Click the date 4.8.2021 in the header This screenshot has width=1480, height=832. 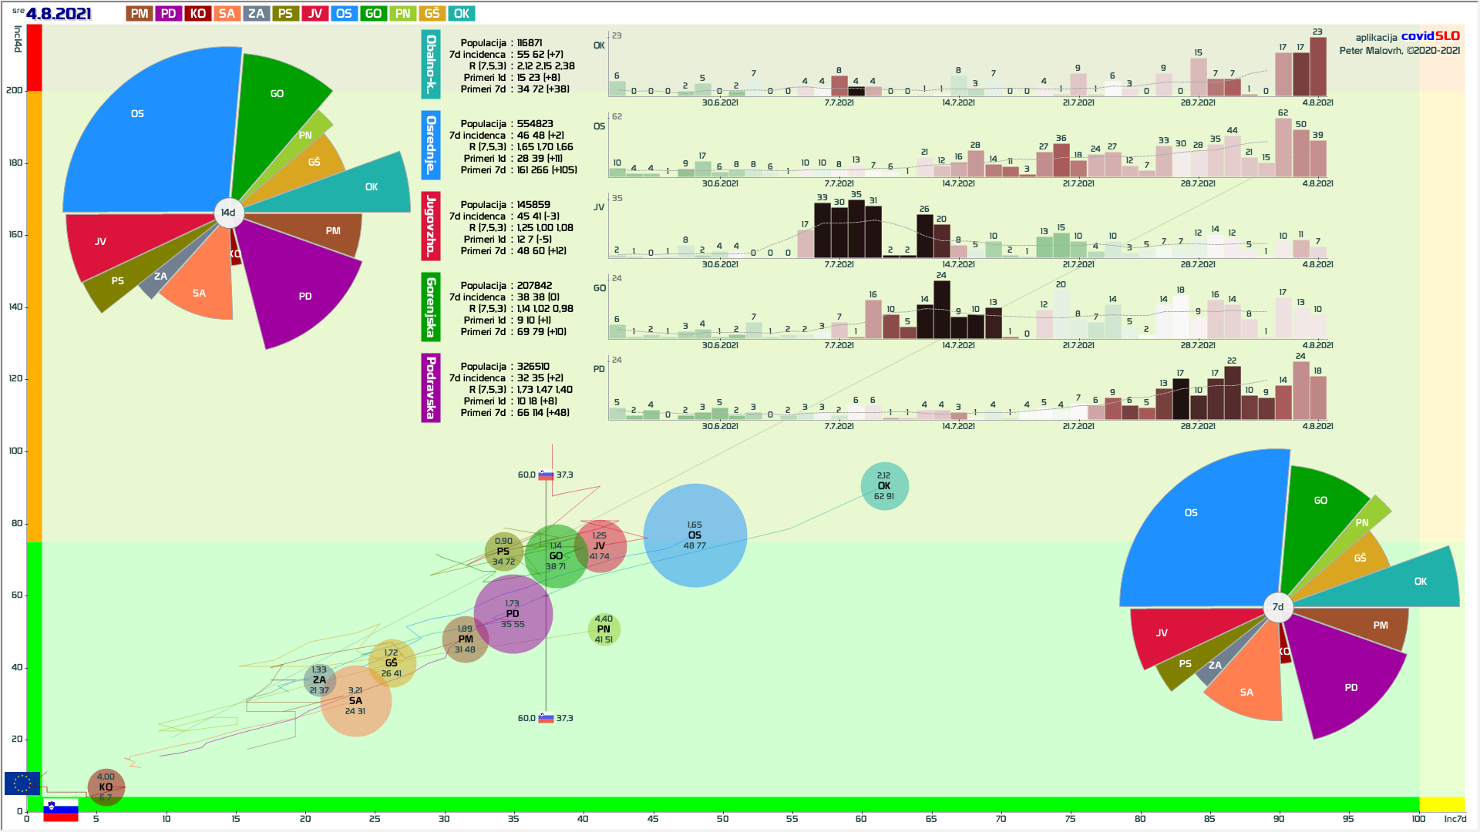59,14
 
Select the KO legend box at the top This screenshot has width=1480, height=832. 197,14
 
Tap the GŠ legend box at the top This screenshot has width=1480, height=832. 432,14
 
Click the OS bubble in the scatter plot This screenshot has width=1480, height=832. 695,535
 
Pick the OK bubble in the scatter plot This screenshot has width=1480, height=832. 884,486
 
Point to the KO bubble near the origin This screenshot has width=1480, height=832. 106,787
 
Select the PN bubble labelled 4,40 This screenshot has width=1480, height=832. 604,629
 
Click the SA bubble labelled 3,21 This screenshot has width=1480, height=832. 355,701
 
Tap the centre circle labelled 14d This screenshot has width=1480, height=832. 228,213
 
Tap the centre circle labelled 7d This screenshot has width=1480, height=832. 1277,607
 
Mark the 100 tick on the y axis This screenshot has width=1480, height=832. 15,451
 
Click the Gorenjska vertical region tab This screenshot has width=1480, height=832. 430,307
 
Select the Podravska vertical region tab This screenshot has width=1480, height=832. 430,387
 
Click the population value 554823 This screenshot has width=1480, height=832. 535,124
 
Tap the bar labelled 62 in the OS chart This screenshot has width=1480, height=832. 1283,147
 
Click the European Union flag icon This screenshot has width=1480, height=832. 22,783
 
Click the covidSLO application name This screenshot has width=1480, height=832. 1430,36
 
